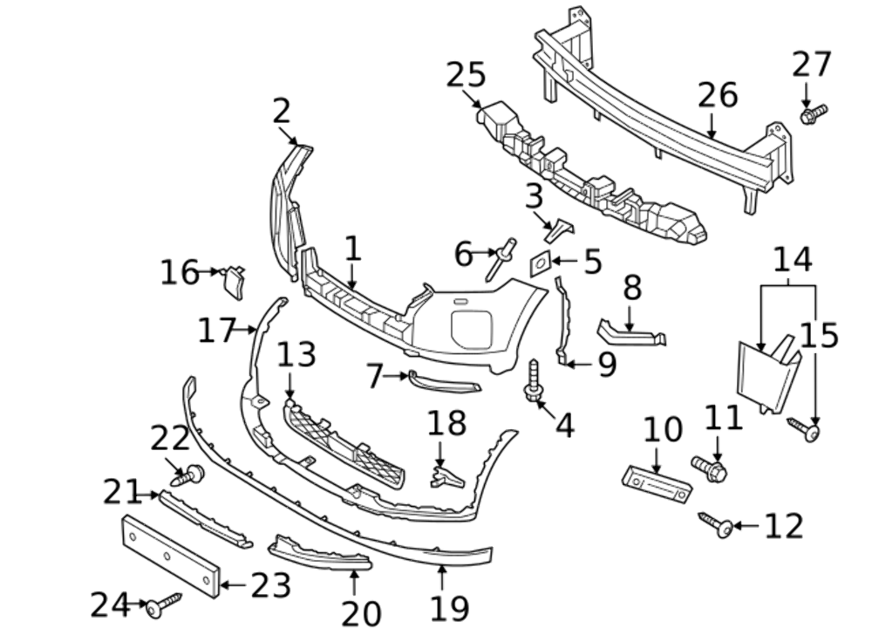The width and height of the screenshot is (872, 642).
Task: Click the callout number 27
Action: [812, 65]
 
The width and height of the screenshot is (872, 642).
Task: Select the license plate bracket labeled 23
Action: [171, 555]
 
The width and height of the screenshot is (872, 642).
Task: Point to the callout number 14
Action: [792, 259]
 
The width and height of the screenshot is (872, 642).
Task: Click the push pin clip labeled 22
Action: [189, 475]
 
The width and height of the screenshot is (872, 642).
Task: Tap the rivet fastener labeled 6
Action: [501, 259]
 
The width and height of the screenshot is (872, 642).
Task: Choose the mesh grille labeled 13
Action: [344, 443]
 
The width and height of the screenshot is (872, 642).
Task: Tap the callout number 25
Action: [466, 75]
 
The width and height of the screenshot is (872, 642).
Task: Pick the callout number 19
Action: [449, 608]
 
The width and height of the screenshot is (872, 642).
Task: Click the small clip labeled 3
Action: [558, 229]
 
